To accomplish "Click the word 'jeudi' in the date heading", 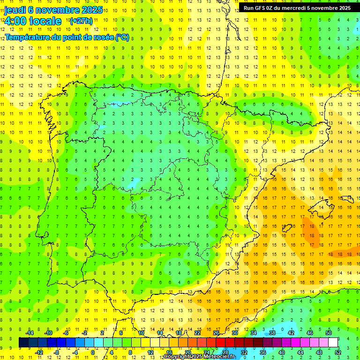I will point(15,9).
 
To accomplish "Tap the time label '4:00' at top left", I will point(16,21).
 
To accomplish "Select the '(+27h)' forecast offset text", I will point(81,21).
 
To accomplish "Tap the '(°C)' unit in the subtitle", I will point(122,37).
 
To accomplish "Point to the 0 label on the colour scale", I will point(92,352).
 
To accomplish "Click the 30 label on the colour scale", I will point(234,333).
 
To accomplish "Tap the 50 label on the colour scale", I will point(329,333).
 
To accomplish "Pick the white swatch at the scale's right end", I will point(333,343).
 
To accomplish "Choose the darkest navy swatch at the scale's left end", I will point(23,343).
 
